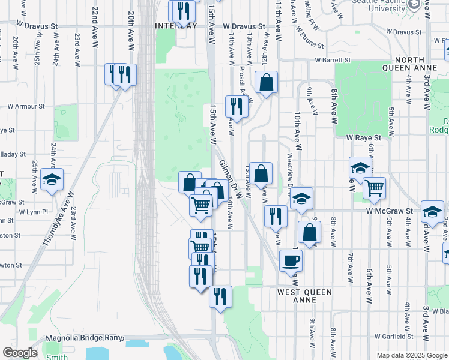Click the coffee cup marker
[x=291, y=260]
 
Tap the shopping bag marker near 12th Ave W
[x=266, y=83]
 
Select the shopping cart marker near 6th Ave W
[x=375, y=188]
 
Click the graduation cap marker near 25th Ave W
[x=52, y=179]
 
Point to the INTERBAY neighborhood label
[x=176, y=26]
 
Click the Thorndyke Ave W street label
[x=58, y=220]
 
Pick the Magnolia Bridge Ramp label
[x=84, y=338]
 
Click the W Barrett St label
[x=333, y=60]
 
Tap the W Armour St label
[x=26, y=106]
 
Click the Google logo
[x=20, y=353]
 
